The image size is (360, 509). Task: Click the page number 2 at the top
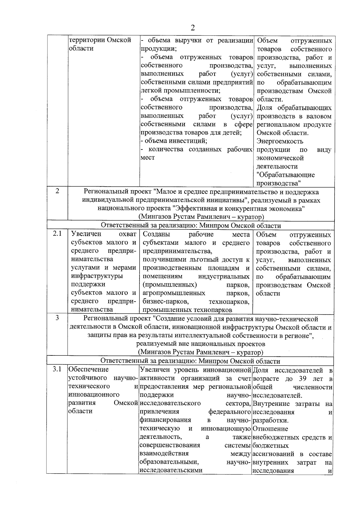(192, 28)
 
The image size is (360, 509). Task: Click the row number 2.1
(57, 234)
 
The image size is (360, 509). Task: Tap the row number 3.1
(57, 369)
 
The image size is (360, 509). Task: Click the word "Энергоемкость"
(280, 141)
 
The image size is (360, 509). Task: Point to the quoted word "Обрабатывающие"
(286, 175)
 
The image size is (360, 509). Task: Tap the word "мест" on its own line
(148, 157)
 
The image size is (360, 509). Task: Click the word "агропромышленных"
(174, 293)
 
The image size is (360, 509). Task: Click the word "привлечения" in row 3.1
(159, 412)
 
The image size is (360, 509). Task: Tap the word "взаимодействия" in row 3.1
(164, 454)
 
